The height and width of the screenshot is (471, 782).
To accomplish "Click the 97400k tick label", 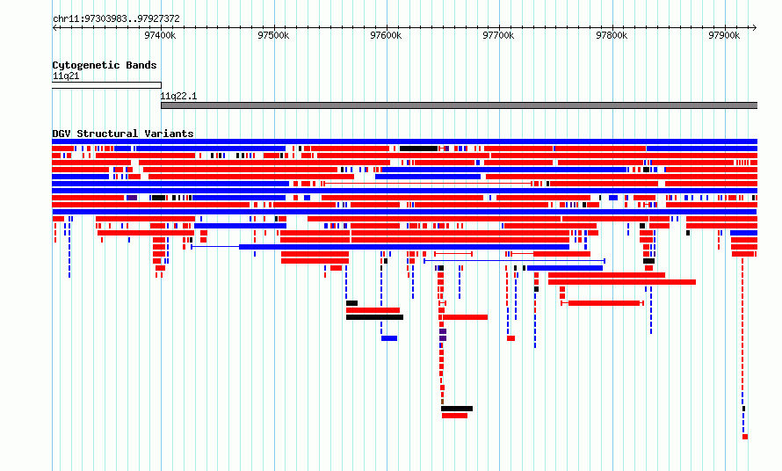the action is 160,35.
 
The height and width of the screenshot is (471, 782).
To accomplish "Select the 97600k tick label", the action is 386,35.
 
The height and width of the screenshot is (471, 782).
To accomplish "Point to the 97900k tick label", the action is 724,35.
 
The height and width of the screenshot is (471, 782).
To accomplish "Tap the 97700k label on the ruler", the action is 498,35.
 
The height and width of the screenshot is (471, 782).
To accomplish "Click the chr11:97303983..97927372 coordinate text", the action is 116,19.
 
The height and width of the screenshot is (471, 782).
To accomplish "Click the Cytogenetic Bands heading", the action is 105,65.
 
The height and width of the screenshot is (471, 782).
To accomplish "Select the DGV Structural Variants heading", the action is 123,134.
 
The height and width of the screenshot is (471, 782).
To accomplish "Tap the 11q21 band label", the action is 66,76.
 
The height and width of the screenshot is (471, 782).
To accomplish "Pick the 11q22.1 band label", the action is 178,97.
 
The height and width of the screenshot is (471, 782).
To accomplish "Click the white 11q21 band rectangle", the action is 106,85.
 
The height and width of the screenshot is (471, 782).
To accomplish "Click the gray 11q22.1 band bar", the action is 459,105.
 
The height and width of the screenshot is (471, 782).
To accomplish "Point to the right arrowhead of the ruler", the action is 755,27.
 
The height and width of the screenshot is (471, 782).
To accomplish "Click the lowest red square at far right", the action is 745,437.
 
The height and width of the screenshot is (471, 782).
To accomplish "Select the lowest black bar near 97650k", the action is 457,409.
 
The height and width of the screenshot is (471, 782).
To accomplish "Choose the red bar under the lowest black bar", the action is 454,416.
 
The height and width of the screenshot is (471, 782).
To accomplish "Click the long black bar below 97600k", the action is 374,317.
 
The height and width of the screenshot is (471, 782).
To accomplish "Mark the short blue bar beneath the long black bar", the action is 389,338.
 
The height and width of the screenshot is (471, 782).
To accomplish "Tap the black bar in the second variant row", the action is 418,149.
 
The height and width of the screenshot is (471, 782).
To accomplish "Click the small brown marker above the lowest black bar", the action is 442,402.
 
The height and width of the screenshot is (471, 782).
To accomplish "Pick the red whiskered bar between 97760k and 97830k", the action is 603,303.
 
